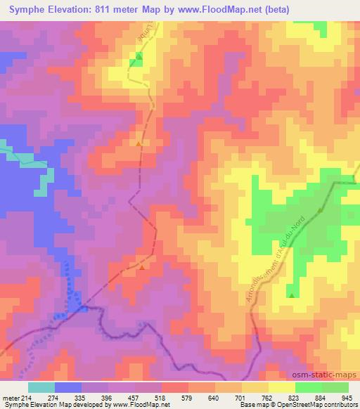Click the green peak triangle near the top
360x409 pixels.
coord(139,56)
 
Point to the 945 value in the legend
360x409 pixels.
coord(347,397)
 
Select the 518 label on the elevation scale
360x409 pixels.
coord(161,397)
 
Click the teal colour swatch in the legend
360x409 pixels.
coord(41,387)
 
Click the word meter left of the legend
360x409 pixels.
coord(11,397)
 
